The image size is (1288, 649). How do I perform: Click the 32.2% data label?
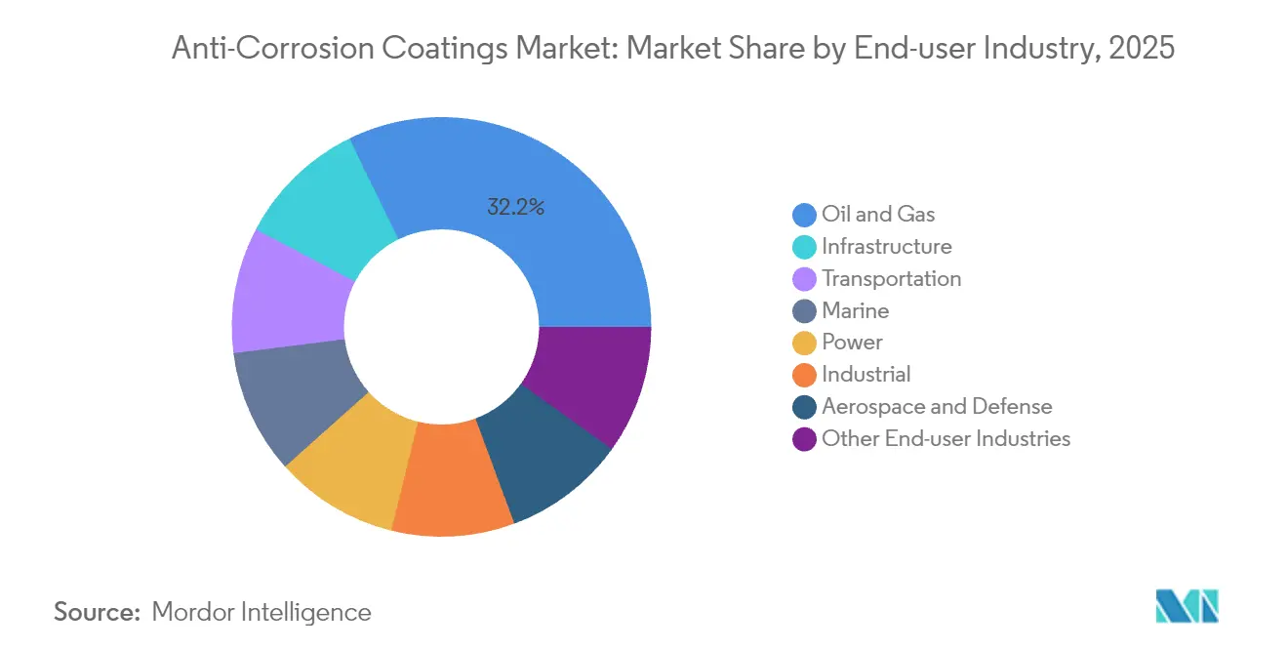514,207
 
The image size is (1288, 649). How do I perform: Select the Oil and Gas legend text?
878,215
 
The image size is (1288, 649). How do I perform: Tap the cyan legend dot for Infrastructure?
805,247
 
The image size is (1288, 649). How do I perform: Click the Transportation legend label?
891,279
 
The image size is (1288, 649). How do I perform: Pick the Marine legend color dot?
805,311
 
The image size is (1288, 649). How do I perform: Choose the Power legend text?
852,343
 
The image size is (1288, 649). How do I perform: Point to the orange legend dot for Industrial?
805,375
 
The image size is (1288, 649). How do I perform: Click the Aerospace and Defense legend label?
937,407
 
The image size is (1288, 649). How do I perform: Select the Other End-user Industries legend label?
946,439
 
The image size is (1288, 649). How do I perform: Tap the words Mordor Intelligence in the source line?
262,612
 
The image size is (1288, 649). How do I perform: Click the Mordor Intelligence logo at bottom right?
1186,607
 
